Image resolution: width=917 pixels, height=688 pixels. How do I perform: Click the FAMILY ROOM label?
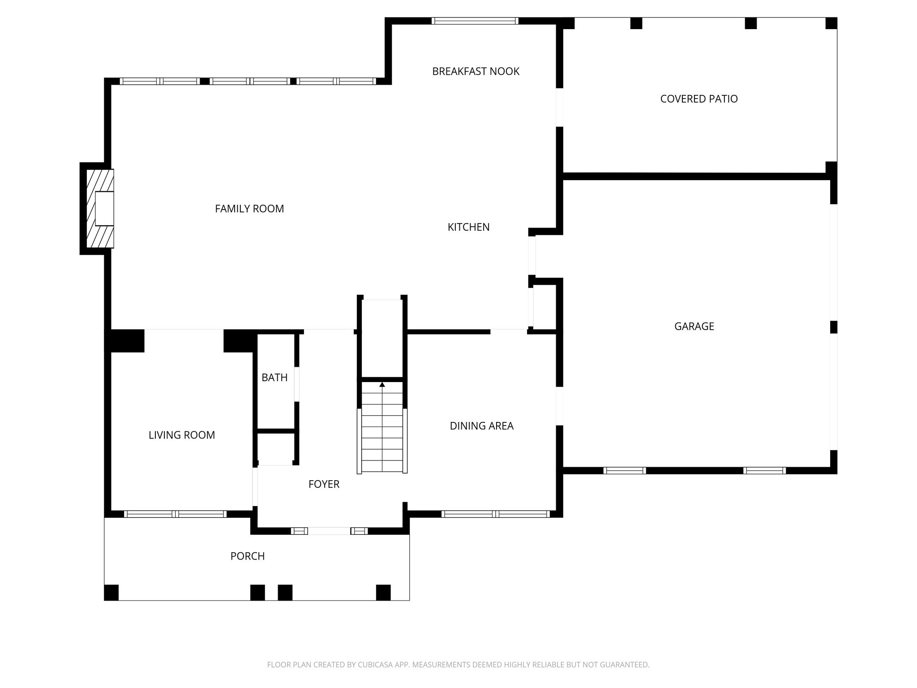[x=249, y=209]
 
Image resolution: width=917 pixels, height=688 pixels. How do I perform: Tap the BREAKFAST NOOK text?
[x=476, y=71]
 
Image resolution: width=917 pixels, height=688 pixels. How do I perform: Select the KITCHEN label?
[x=468, y=227]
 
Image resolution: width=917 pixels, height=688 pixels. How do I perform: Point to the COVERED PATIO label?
[x=699, y=99]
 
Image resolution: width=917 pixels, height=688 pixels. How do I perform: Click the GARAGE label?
[x=694, y=327]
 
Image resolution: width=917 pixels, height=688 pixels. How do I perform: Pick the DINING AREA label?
[x=481, y=426]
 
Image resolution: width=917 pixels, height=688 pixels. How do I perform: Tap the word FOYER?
[x=324, y=484]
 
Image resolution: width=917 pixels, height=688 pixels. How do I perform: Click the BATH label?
[x=274, y=378]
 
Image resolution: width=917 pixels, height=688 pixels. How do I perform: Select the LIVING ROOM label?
[x=182, y=435]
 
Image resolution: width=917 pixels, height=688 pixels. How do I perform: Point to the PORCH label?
[x=248, y=556]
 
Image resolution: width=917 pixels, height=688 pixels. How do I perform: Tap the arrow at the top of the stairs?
[x=382, y=385]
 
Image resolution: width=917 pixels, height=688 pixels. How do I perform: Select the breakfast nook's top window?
[x=475, y=21]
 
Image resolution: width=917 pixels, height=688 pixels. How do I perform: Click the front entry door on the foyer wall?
[x=329, y=531]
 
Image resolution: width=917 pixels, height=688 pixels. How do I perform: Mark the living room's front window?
[x=175, y=514]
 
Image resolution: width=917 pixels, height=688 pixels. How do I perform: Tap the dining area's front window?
[x=496, y=514]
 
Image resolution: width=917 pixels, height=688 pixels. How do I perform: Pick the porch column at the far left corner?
[x=111, y=592]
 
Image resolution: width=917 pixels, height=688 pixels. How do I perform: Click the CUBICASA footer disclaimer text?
[x=458, y=665]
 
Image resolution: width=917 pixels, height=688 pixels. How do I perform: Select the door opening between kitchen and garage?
[x=532, y=255]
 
